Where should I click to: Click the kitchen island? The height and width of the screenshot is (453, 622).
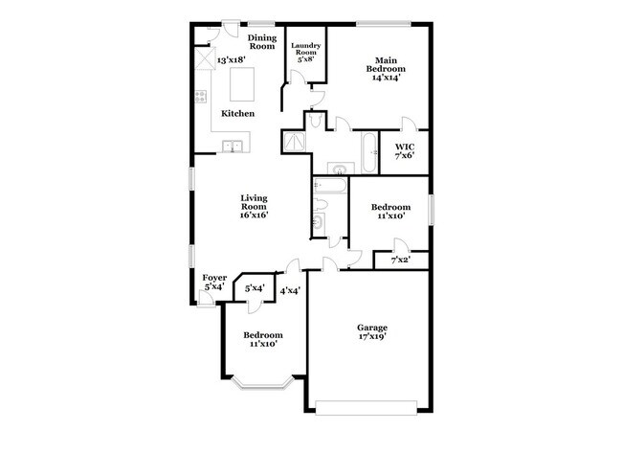[242, 84]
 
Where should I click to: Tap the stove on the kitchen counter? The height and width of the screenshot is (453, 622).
[201, 96]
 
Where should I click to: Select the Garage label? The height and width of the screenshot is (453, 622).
[372, 328]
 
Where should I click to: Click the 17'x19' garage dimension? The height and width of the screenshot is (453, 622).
[372, 337]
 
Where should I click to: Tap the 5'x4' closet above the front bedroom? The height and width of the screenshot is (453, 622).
[255, 287]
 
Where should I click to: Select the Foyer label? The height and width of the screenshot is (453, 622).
[214, 278]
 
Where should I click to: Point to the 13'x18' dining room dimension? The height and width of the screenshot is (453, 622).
[230, 60]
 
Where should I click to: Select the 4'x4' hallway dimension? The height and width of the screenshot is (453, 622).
[290, 290]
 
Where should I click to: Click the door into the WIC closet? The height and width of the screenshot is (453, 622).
[409, 124]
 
